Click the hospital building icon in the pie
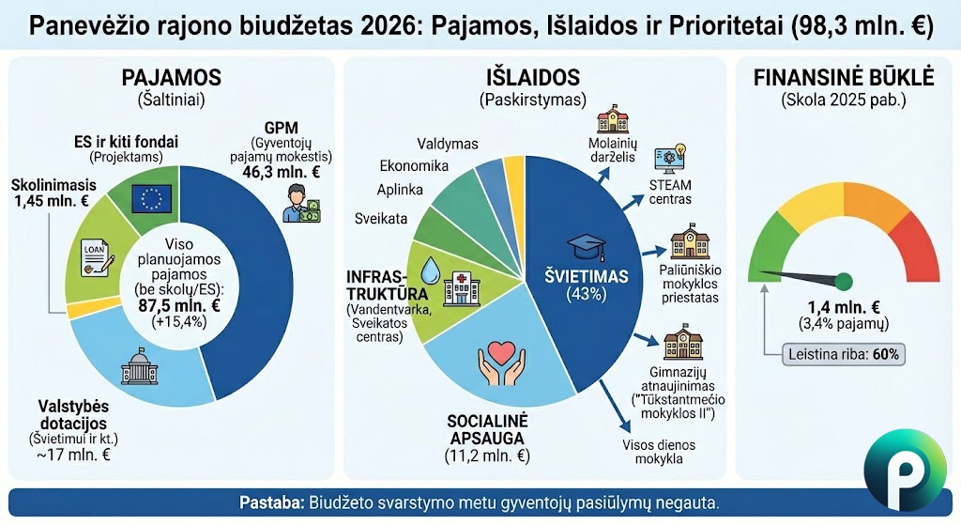click(x=463, y=284)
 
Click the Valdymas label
click(x=448, y=144)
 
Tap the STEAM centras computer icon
click(x=671, y=158)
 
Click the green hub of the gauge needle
click(x=844, y=280)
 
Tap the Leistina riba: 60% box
click(x=844, y=355)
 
